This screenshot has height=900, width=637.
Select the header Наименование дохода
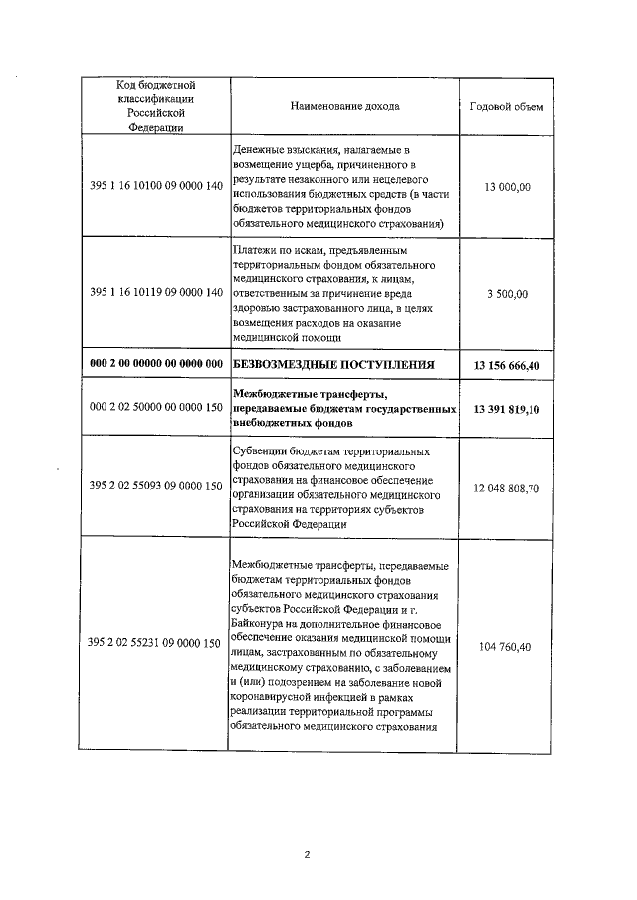[345, 106]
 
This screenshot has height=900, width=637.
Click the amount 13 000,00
[507, 186]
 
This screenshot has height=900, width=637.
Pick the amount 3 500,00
[507, 294]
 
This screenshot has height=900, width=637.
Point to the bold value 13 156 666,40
[507, 365]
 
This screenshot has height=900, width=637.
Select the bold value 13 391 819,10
[507, 409]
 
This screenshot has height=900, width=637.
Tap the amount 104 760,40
[507, 647]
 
